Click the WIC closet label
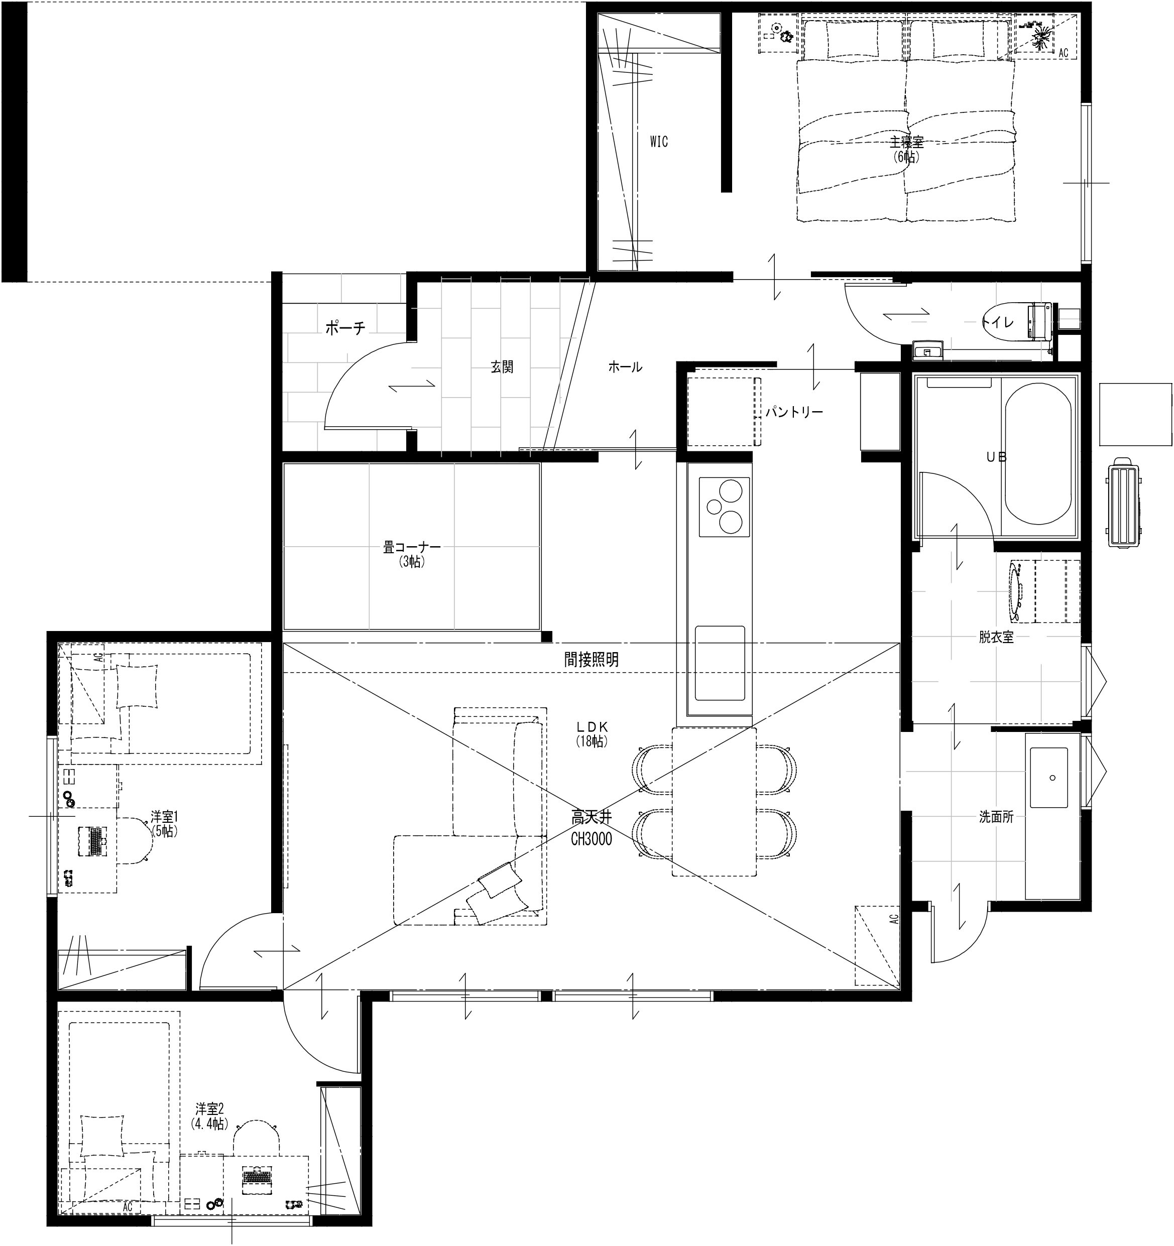659,142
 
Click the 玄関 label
502,366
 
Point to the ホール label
625,366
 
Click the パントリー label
793,412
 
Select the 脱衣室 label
996,638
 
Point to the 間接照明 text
591,659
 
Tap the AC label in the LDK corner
894,919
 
